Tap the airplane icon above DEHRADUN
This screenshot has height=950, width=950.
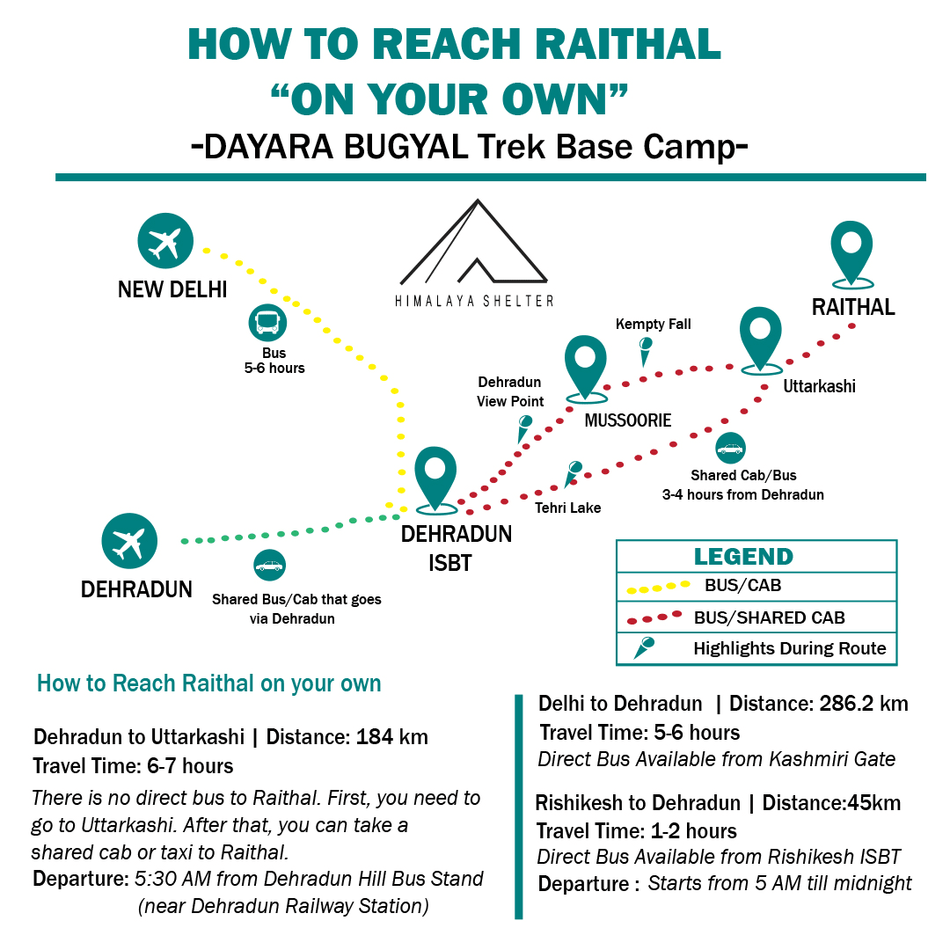(129, 541)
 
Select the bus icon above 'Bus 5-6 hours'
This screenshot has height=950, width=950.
(267, 324)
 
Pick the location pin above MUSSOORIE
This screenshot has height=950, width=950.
(585, 365)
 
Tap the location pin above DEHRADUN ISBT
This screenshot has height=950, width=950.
(435, 477)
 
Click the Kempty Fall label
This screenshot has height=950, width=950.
(653, 325)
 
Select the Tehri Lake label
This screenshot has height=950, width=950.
(568, 508)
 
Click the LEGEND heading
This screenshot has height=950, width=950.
(743, 557)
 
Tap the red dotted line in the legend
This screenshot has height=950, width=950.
(655, 617)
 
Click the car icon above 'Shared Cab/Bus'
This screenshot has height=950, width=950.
(730, 449)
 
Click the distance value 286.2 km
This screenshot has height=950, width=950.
(864, 704)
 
